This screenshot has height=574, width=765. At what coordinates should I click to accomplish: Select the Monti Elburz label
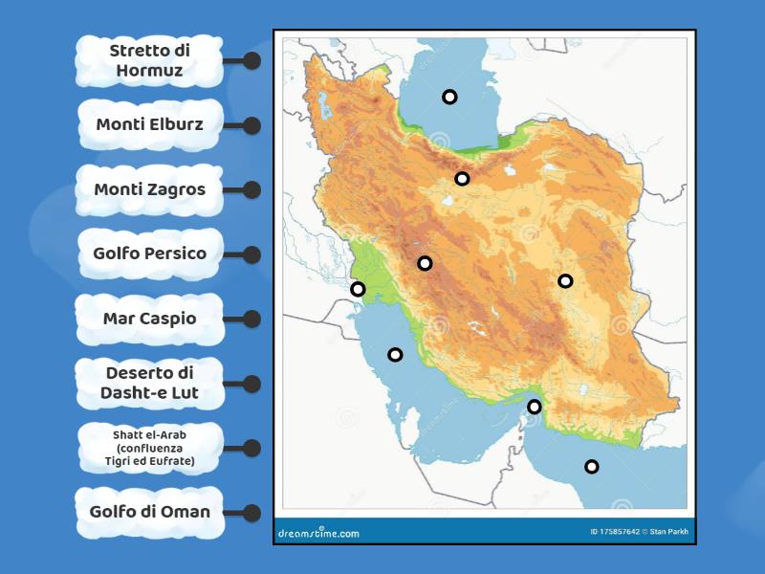click(x=149, y=124)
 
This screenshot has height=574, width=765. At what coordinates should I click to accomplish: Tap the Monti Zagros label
click(x=149, y=189)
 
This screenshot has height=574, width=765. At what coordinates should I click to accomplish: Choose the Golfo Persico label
click(x=149, y=254)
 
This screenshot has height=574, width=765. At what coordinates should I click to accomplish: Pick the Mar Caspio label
click(x=149, y=319)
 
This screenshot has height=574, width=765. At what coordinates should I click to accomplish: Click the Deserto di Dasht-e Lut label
click(x=149, y=383)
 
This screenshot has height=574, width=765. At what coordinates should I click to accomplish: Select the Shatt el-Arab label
click(x=149, y=448)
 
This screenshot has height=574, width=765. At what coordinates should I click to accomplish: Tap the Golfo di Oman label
click(x=149, y=512)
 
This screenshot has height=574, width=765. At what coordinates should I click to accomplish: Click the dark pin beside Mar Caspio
click(x=251, y=319)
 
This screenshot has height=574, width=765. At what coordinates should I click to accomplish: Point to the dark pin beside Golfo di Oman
click(x=251, y=512)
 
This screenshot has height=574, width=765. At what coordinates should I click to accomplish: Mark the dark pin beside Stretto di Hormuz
click(x=251, y=60)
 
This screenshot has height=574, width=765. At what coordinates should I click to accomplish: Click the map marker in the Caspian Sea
click(x=449, y=97)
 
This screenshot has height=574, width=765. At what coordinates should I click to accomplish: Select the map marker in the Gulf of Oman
click(x=592, y=467)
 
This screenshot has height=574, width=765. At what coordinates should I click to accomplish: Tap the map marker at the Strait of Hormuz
click(x=535, y=407)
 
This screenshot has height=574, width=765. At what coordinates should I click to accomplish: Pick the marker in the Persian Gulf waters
click(x=395, y=355)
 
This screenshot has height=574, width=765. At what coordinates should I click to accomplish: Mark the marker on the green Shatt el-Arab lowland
click(x=358, y=289)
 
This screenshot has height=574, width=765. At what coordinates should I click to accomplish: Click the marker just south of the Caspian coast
click(x=462, y=179)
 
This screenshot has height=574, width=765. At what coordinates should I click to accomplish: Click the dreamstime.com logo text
click(x=318, y=533)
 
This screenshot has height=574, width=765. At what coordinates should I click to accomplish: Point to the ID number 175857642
click(x=617, y=533)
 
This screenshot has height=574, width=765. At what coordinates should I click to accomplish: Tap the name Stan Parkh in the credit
click(x=670, y=533)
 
